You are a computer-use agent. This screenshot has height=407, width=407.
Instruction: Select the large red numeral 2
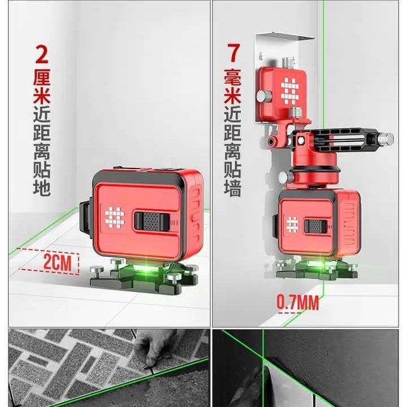pos(42,55)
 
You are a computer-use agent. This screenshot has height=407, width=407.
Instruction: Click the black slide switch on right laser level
pos(314,226)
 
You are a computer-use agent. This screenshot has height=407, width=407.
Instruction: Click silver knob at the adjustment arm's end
pos(385,137)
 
